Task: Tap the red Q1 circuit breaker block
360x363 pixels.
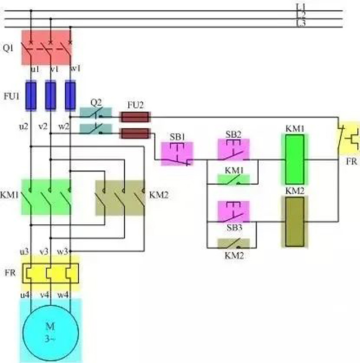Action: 47,47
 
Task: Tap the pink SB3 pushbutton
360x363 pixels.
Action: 233,212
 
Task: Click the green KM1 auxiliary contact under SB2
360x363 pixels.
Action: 233,180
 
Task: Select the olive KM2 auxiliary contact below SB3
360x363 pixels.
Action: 233,244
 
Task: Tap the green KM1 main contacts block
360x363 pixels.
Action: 49,197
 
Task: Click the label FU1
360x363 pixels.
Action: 11,96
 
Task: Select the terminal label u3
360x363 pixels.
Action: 24,251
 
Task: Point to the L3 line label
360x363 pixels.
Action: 301,23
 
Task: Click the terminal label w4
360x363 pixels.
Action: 63,294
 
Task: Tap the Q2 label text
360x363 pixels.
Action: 96,102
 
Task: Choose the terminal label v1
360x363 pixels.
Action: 55,69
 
